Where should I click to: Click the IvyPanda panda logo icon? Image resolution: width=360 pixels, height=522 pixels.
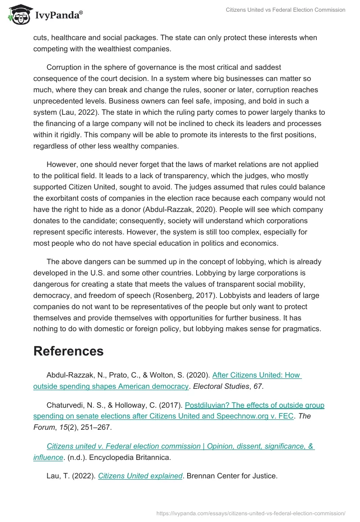point(18,14)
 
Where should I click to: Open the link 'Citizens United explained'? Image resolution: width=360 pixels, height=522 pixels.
point(140,476)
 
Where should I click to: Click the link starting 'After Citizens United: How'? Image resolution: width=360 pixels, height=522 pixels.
point(256,375)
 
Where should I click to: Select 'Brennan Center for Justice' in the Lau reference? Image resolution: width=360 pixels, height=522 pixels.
point(233,476)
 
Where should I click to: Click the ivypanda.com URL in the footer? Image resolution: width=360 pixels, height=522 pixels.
point(251,513)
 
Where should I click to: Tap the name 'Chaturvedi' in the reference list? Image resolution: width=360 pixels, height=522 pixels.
point(66,405)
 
